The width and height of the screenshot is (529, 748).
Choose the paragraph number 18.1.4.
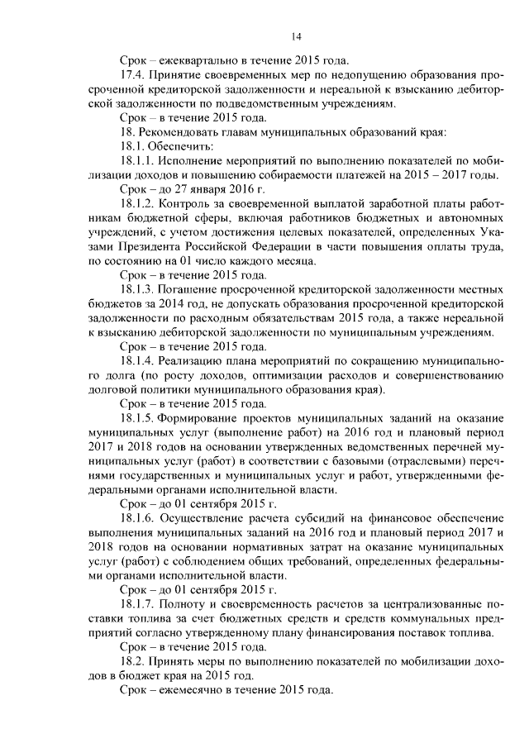pos(137,360)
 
